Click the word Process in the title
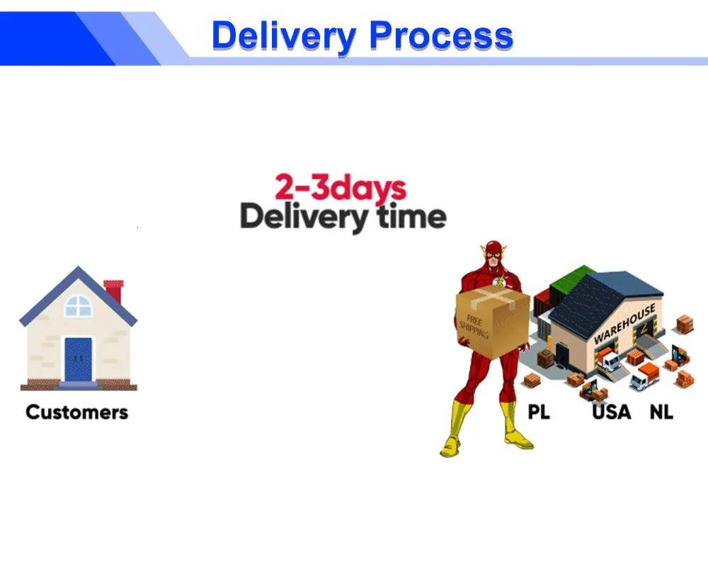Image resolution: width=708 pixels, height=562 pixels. click(441, 35)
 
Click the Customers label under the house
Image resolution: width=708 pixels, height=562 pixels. click(76, 412)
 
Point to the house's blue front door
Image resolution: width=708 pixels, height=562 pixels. click(78, 359)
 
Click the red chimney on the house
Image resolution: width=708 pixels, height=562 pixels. click(114, 291)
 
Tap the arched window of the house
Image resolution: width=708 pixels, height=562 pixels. click(79, 305)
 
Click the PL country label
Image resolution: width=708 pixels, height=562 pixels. click(539, 412)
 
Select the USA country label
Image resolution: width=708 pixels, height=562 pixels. click(612, 412)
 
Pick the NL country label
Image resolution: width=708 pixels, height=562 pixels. click(661, 412)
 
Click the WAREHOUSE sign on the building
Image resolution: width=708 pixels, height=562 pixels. click(624, 324)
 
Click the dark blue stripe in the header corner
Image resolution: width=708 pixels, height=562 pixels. click(55, 38)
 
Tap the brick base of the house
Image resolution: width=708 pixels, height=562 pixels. click(79, 385)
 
